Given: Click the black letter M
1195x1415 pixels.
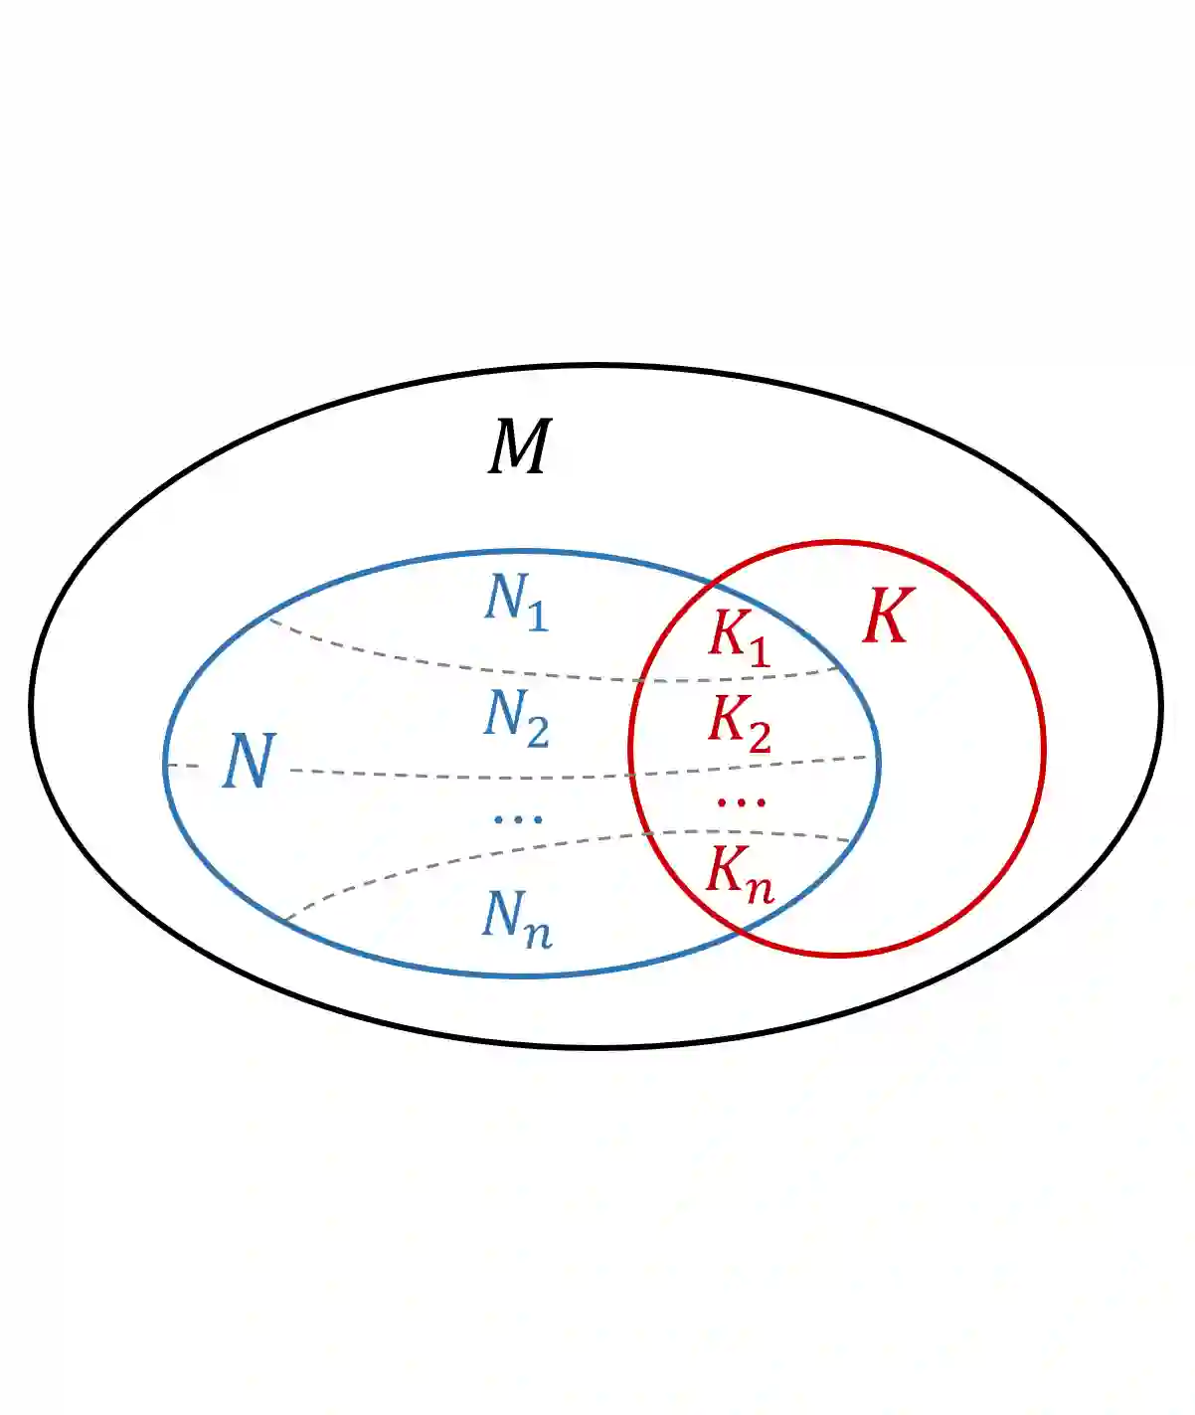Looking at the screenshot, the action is (519, 447).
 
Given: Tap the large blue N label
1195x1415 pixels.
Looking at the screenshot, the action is (248, 762).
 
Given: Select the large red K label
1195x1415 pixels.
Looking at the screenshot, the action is (887, 617).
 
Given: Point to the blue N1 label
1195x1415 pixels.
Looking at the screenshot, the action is (515, 601).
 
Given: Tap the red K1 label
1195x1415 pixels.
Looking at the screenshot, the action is (739, 634).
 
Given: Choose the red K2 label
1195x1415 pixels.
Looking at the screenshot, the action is (739, 722).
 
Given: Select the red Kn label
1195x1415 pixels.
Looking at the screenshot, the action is (739, 872).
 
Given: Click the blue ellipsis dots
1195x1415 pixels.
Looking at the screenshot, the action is (518, 819).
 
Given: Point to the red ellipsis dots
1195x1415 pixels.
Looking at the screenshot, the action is (742, 801).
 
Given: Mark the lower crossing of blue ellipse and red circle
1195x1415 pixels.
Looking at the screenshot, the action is (741, 932).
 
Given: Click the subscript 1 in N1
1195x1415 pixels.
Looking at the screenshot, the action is (537, 618).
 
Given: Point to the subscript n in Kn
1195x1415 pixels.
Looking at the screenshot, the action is (761, 888).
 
